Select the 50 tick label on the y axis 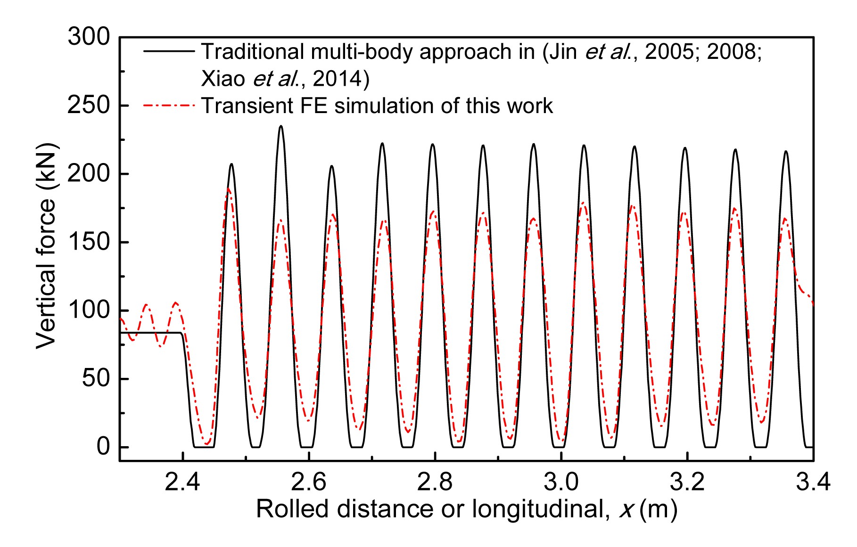pos(96,379)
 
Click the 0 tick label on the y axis pos(103,447)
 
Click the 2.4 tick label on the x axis pos(182,483)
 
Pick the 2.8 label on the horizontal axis pos(435,483)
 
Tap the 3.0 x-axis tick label pos(561,483)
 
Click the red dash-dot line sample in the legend pos(169,106)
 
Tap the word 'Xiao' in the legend pos(223,79)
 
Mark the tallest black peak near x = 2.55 pos(281,127)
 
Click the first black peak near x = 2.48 pos(231,164)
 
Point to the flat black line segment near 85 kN pos(151,333)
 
